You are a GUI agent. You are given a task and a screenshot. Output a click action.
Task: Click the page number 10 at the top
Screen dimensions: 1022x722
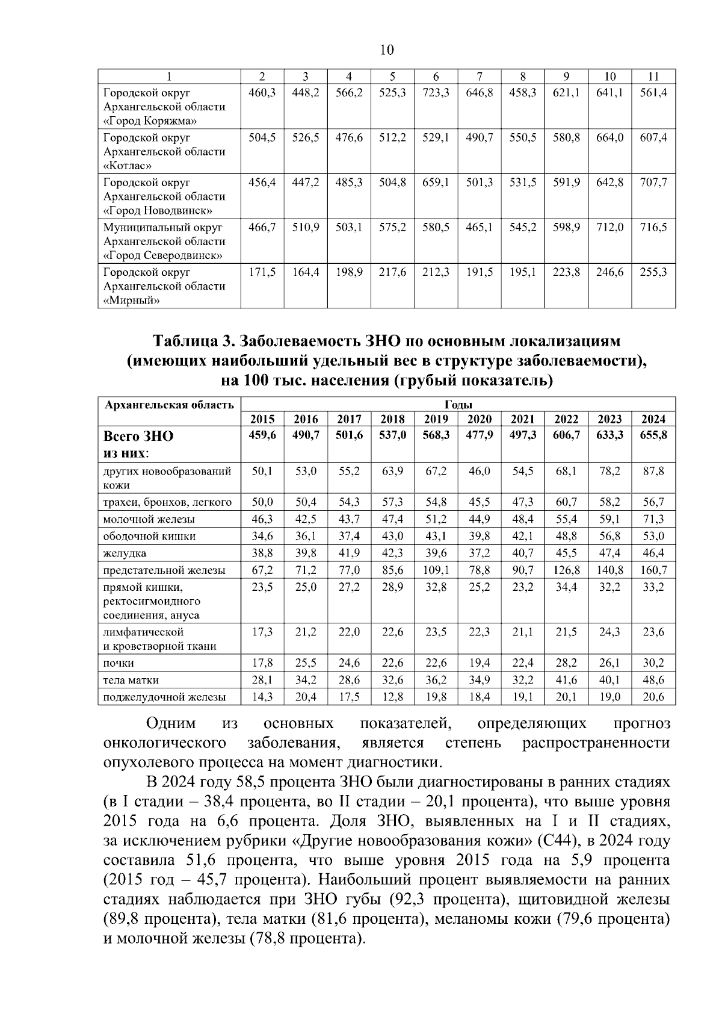387,50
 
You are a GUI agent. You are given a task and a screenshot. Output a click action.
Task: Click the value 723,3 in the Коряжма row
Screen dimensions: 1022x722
436,93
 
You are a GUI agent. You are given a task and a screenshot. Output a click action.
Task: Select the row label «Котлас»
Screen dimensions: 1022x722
128,165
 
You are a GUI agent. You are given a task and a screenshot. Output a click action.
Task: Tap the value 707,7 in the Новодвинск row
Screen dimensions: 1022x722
653,182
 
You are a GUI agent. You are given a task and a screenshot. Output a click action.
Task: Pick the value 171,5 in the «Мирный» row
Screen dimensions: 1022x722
262,272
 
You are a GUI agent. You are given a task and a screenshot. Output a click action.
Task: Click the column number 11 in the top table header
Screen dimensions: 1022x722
653,76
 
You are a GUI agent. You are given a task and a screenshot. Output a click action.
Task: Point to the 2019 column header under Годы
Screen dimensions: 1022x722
436,419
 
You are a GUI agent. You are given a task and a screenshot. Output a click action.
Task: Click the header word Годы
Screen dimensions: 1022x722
458,404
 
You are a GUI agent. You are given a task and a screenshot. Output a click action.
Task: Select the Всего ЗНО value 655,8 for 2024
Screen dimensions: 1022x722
653,435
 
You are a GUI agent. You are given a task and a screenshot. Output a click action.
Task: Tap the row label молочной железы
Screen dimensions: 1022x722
149,519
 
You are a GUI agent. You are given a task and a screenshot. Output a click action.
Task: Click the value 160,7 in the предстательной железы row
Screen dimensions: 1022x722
653,570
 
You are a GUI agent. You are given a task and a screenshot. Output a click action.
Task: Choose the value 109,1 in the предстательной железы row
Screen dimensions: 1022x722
436,570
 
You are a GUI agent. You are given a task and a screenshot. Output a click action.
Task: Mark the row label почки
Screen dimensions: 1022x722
119,663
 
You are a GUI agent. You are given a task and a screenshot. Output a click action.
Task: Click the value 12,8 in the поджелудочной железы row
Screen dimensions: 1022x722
392,697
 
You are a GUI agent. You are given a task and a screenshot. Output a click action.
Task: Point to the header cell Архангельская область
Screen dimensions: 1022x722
169,405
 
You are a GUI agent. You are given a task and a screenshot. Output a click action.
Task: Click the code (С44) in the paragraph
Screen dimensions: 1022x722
557,841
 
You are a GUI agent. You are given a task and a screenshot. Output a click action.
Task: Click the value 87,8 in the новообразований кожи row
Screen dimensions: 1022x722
653,471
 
